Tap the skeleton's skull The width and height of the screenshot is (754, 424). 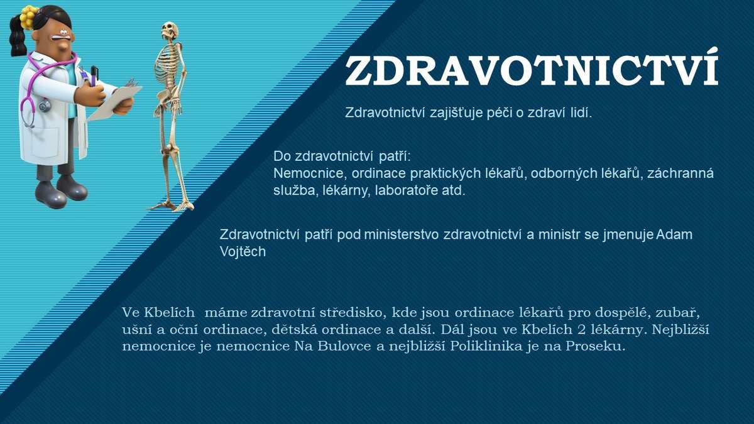coord(168,30)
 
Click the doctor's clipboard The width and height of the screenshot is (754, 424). coord(114,101)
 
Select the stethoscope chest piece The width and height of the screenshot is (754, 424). coord(44,106)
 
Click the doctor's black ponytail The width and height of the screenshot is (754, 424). coord(18,36)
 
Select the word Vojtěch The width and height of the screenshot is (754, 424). coord(243,251)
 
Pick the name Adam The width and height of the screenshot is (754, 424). coord(674,234)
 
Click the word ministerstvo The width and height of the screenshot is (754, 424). coord(402,234)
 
